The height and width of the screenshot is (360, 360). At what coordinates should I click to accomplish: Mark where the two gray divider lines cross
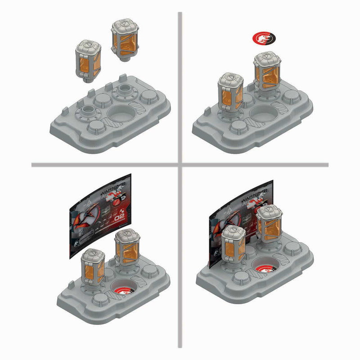(180, 165)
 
